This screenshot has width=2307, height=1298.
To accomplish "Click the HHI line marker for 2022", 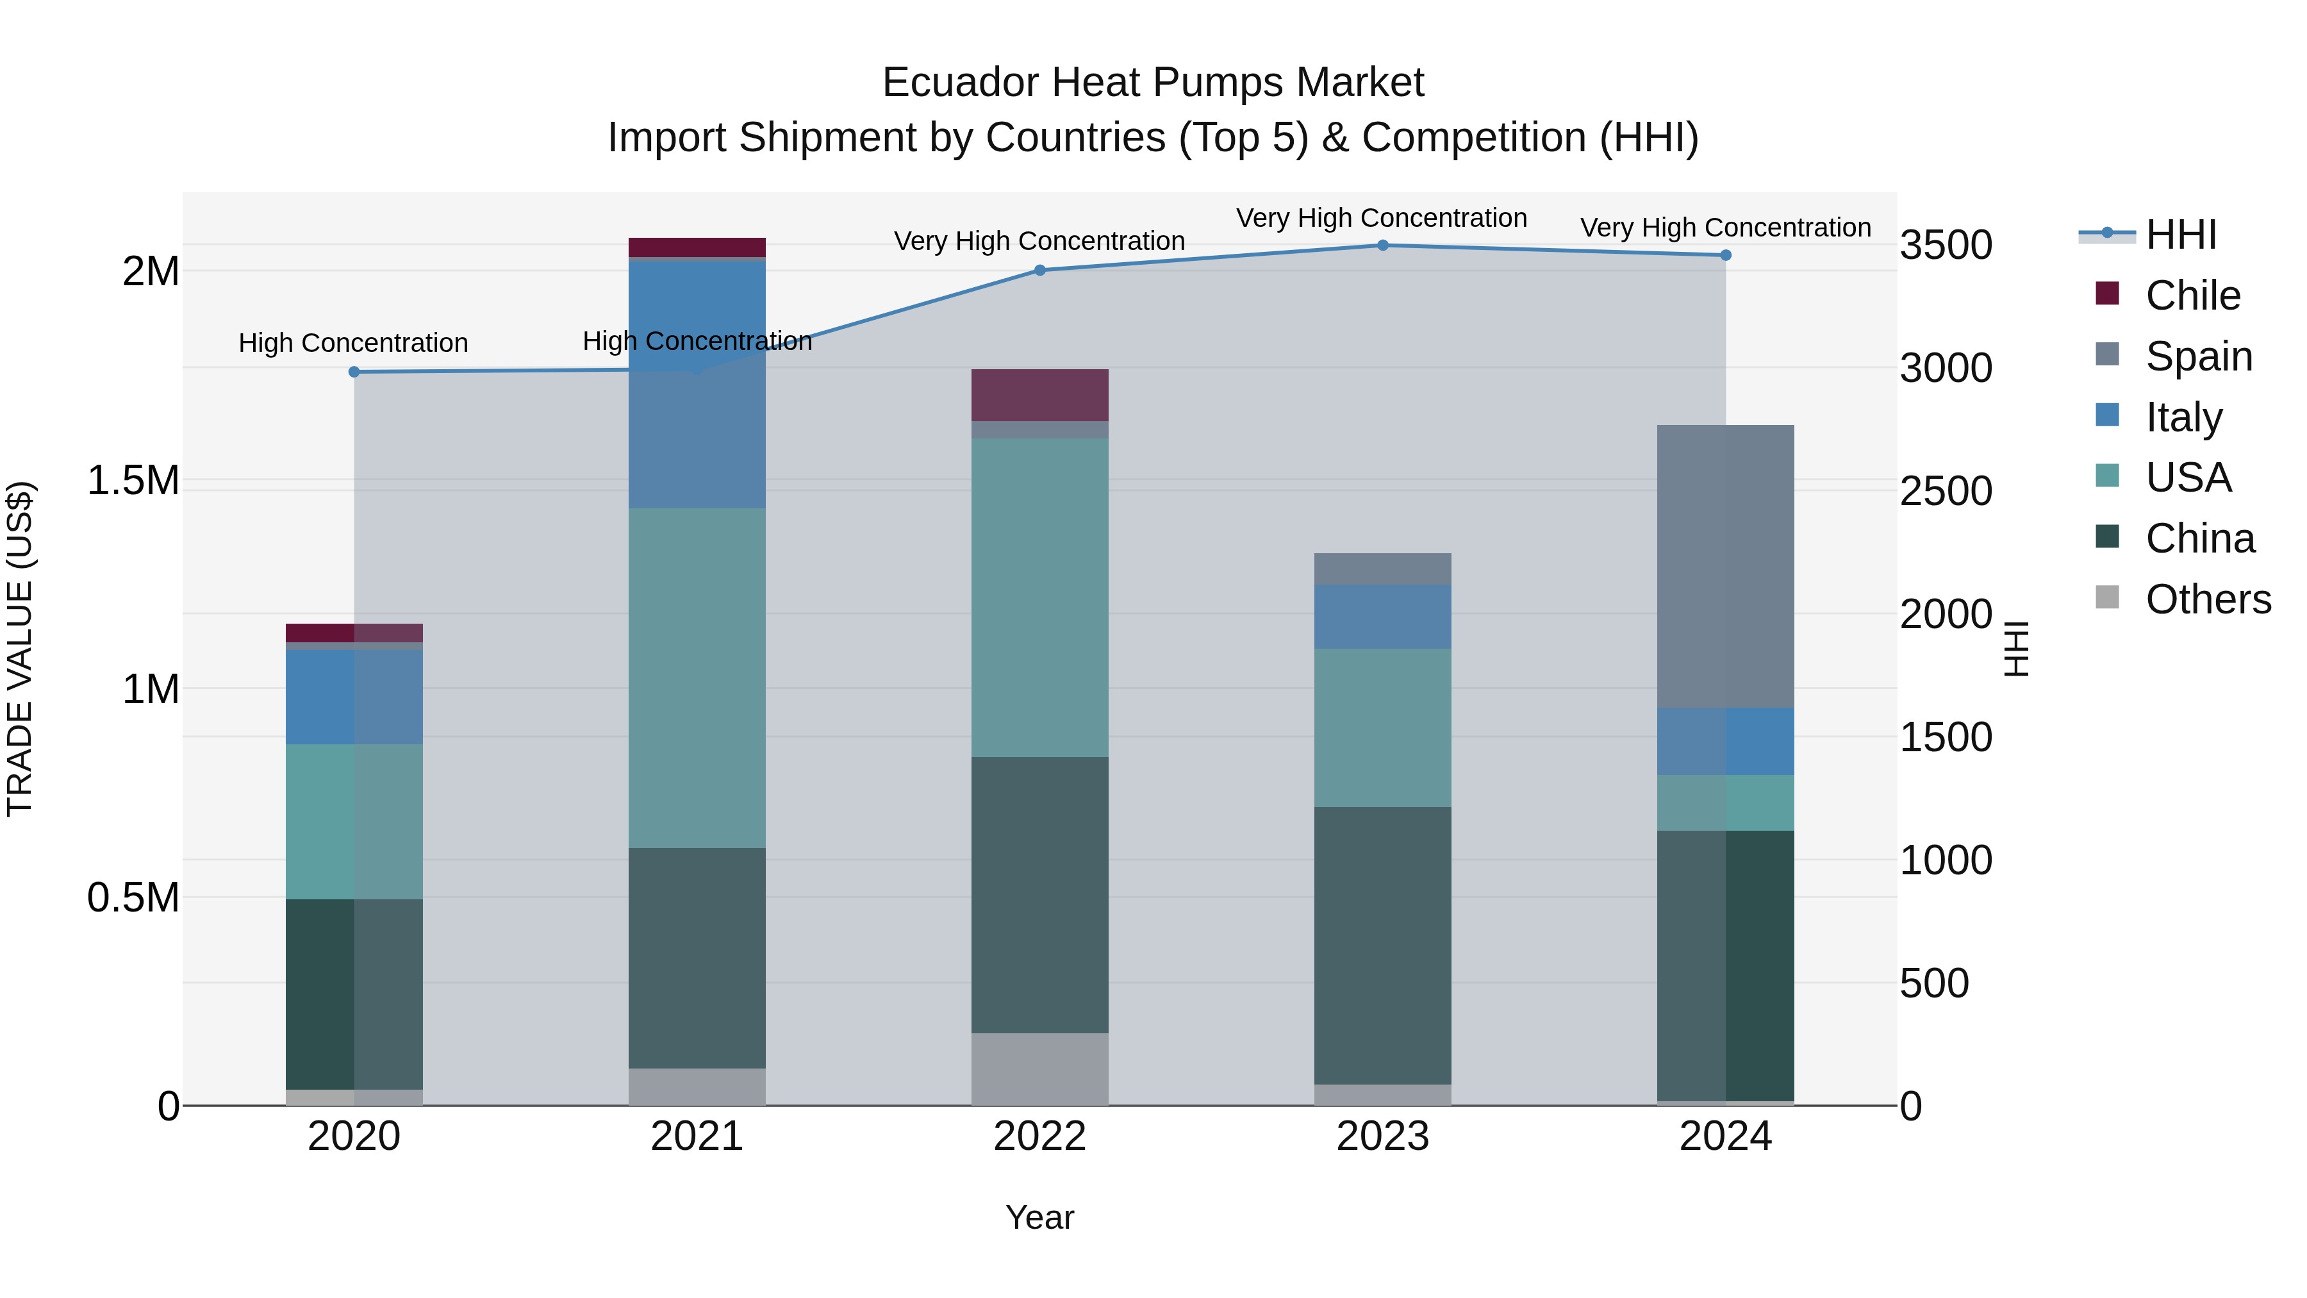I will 1040,270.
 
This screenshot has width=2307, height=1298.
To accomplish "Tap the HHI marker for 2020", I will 354,372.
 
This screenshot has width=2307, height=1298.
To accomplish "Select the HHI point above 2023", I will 1383,245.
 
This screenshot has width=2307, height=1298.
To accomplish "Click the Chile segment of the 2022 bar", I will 1040,395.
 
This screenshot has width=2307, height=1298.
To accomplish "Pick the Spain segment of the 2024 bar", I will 1726,566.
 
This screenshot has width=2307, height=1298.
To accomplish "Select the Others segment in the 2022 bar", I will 1040,1069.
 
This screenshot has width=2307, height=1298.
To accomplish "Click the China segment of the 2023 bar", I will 1383,945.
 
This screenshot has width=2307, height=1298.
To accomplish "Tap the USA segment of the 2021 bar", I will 697,678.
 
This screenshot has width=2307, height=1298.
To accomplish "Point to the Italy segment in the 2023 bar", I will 1383,616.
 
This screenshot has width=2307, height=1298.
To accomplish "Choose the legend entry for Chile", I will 2192,295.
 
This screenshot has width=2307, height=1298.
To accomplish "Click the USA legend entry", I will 2188,478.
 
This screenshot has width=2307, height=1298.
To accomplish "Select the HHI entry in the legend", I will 2181,235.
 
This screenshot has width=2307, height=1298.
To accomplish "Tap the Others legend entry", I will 2208,599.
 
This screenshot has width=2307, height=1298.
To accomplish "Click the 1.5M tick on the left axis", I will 133,481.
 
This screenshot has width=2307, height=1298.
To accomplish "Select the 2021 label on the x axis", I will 697,1136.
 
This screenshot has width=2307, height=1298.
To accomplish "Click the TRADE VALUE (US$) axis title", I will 21,649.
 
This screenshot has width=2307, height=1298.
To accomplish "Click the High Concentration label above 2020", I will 353,343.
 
